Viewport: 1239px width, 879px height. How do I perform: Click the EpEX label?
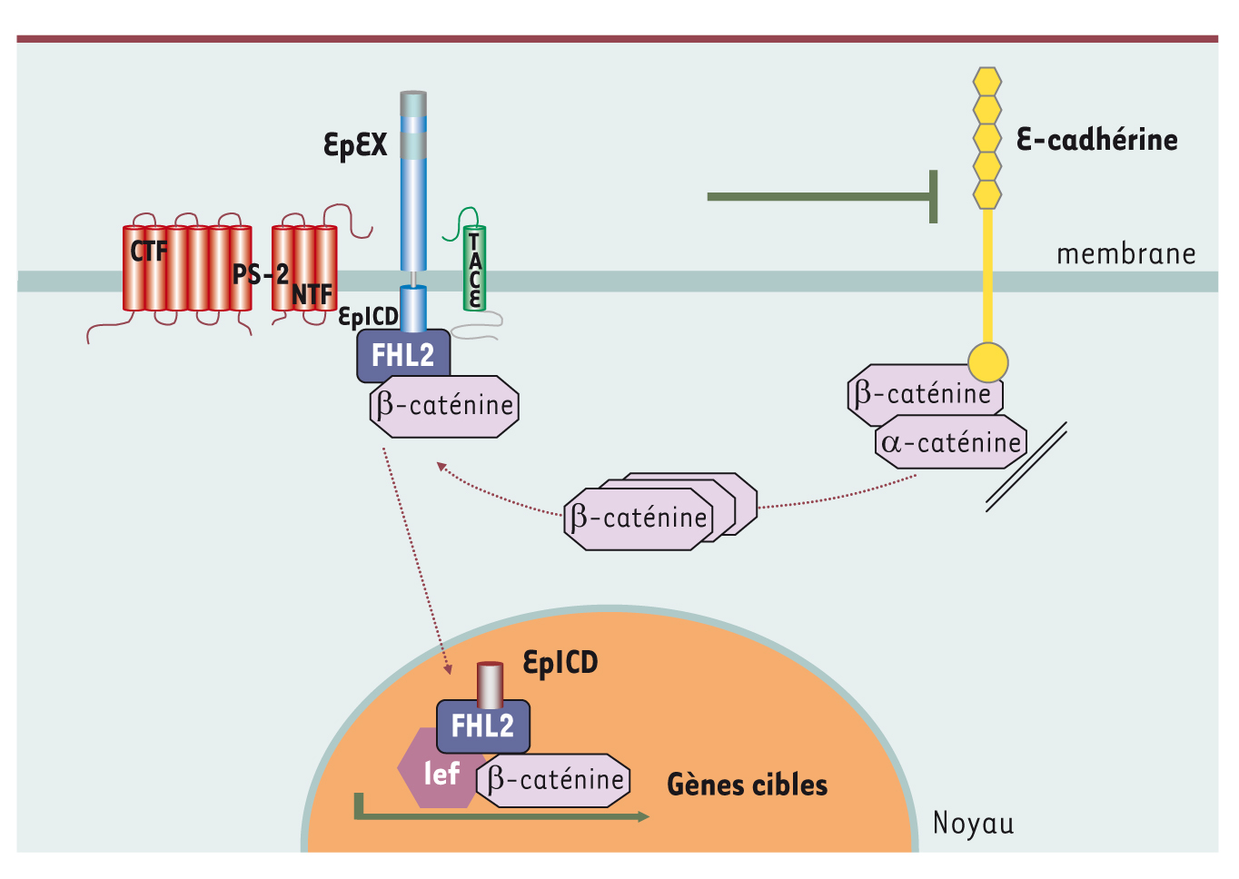tap(355, 144)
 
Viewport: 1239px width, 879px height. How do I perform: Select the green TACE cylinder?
tap(473, 269)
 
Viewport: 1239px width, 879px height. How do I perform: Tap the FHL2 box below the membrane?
tap(403, 355)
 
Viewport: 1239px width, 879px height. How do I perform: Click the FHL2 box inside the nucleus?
tap(482, 726)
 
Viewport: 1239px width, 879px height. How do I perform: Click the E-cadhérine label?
tap(1096, 140)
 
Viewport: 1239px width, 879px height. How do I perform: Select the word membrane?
tap(1125, 254)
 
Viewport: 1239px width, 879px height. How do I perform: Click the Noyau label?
tap(973, 824)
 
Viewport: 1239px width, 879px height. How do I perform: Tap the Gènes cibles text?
tap(747, 785)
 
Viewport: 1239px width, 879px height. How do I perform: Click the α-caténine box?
tap(951, 443)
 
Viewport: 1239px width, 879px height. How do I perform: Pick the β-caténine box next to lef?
tap(555, 780)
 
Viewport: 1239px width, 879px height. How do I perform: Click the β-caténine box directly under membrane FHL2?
tap(444, 406)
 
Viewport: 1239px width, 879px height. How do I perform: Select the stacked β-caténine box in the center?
tap(639, 519)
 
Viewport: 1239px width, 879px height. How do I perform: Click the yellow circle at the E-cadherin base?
tap(987, 361)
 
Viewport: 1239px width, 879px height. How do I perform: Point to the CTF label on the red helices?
tap(148, 252)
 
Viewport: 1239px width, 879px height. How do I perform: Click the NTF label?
tap(312, 295)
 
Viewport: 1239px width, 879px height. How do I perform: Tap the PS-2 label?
tap(260, 273)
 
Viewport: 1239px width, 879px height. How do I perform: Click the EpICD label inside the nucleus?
tap(560, 663)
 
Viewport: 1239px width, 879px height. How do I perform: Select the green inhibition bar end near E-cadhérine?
tap(933, 196)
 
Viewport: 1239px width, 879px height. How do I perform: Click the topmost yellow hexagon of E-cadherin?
tap(987, 82)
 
